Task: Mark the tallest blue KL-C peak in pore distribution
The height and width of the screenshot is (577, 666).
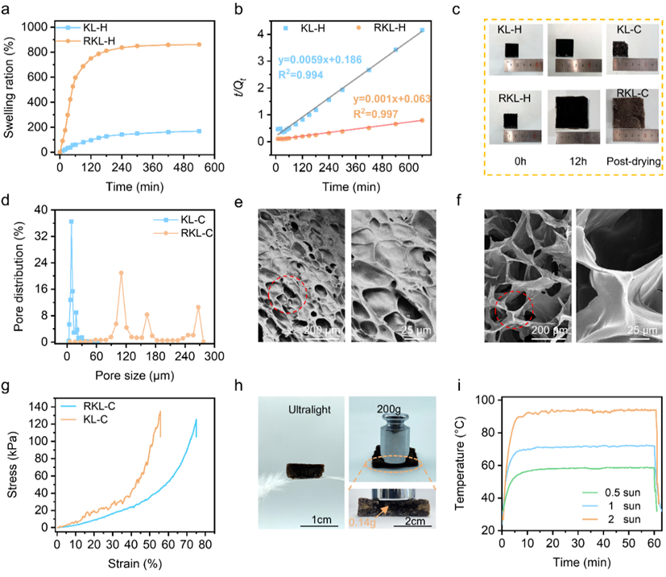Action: [x=71, y=222]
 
